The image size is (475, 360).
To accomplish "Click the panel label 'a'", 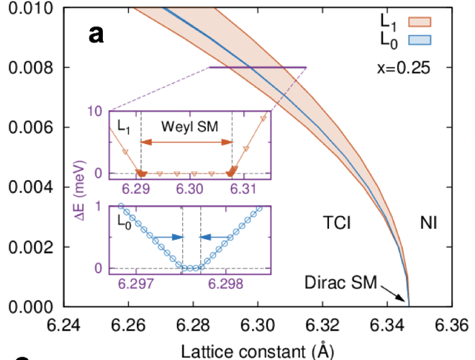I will click(x=97, y=34).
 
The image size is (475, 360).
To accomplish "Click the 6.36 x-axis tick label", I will click(x=451, y=325).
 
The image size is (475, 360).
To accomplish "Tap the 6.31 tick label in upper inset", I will click(x=243, y=189).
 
